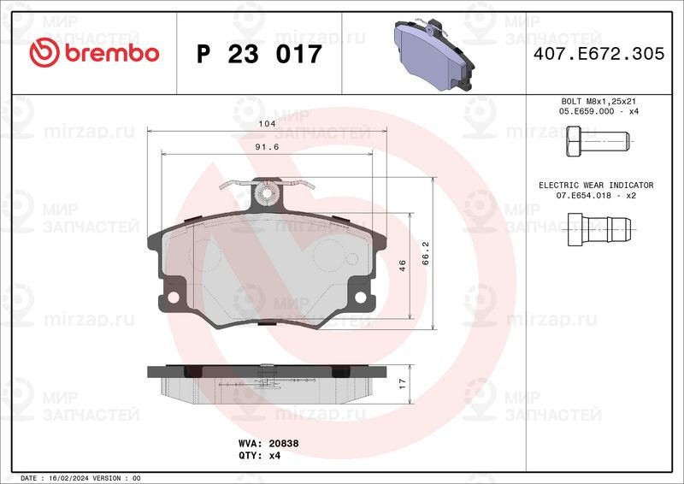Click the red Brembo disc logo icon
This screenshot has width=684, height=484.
point(44,52)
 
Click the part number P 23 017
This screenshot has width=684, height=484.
point(259,54)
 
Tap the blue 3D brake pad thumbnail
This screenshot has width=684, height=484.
point(433,54)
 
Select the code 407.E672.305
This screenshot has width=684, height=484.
point(599,54)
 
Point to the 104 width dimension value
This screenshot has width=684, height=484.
point(267,123)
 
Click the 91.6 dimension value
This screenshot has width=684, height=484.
point(267,146)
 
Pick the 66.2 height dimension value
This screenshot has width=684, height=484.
point(425,253)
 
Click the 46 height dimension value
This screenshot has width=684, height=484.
point(402,265)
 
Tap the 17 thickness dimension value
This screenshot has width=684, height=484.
point(402,384)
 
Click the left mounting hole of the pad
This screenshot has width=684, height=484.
point(174,298)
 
